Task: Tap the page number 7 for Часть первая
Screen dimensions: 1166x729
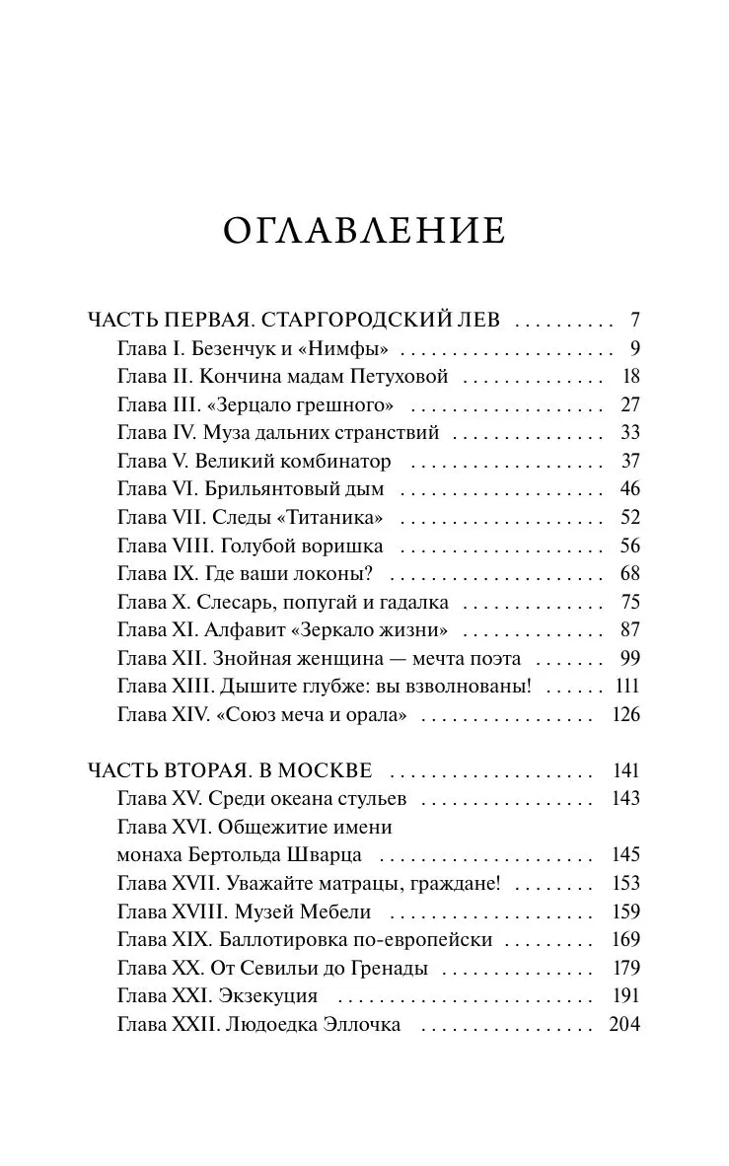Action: (635, 320)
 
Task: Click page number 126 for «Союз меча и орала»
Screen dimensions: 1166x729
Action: (625, 715)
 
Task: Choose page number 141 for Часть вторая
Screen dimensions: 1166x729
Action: (625, 770)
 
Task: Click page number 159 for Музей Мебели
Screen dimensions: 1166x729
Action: (625, 911)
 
